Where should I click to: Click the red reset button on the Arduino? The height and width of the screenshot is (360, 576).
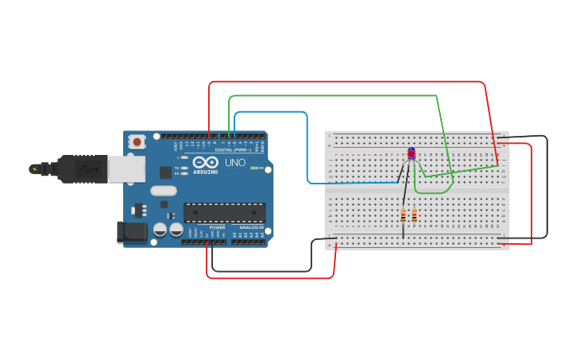pyautogui.click(x=137, y=142)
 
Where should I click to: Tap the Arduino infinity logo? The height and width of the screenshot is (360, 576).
pyautogui.click(x=205, y=162)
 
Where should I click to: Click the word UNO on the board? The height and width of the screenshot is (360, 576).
pyautogui.click(x=235, y=163)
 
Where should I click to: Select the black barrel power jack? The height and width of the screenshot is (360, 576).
pyautogui.click(x=131, y=232)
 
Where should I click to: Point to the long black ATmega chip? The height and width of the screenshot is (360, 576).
pyautogui.click(x=225, y=213)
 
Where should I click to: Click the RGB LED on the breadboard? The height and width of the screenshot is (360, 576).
pyautogui.click(x=411, y=153)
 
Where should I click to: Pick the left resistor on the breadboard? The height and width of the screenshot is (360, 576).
pyautogui.click(x=404, y=215)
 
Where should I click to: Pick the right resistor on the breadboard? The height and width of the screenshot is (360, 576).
pyautogui.click(x=414, y=215)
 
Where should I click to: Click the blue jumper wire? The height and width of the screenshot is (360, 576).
pyautogui.click(x=307, y=151)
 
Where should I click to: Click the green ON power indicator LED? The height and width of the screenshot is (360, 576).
pyautogui.click(x=253, y=168)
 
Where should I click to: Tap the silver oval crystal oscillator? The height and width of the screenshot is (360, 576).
pyautogui.click(x=164, y=191)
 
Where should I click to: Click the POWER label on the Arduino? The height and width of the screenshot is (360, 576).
pyautogui.click(x=217, y=227)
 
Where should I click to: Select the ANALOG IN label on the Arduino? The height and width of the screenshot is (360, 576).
pyautogui.click(x=250, y=227)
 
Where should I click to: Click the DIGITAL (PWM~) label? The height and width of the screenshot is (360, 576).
pyautogui.click(x=232, y=149)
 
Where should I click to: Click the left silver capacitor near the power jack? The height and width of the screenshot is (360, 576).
pyautogui.click(x=160, y=230)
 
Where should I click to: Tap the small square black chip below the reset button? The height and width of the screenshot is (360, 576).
pyautogui.click(x=165, y=172)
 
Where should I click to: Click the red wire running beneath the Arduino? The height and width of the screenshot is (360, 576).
pyautogui.click(x=270, y=278)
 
